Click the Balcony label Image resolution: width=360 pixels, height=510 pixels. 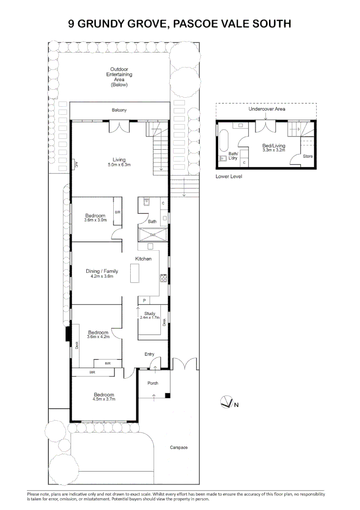coord(119,110)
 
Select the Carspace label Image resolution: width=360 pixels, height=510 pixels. coord(179,448)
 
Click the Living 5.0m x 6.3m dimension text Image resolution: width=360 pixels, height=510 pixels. coord(119,165)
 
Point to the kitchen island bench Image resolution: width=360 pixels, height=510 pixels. coord(135,273)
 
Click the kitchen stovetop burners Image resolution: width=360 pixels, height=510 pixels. coord(163,278)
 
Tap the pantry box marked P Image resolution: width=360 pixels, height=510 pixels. coord(144,300)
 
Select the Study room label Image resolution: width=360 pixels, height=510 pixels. coord(150,314)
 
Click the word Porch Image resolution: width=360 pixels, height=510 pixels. coord(153,383)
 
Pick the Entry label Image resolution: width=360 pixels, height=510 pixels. coord(150,354)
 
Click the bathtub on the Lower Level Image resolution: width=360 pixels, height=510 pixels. coord(224,141)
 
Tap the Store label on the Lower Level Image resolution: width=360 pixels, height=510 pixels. coord(308,156)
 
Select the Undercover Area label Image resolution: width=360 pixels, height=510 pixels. coord(267,109)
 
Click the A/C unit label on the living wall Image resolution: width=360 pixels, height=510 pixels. coord(76,164)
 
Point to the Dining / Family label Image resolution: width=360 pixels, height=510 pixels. coord(102,271)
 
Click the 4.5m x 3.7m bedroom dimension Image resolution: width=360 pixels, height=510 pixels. coord(104,399)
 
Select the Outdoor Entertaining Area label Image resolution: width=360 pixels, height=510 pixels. coord(119,77)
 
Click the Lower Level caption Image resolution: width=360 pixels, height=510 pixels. coord(229,176)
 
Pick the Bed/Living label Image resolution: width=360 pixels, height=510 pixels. coord(274,146)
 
